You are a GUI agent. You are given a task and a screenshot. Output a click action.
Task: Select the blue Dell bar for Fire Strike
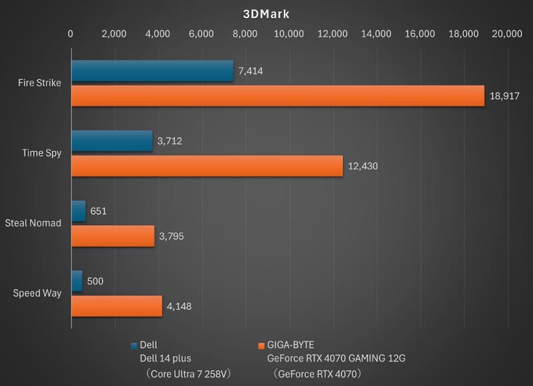point(152,71)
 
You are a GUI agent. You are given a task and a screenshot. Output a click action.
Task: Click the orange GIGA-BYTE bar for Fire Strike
point(277,96)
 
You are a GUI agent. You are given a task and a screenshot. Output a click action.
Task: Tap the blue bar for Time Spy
point(111,141)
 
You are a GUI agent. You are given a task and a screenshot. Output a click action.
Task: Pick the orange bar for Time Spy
point(207,166)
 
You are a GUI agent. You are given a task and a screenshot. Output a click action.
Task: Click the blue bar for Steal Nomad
point(78,211)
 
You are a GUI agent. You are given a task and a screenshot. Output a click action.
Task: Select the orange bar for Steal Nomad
point(113,236)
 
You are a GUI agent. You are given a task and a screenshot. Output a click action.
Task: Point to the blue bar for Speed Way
point(77,281)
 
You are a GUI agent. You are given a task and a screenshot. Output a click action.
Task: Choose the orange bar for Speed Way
point(117,305)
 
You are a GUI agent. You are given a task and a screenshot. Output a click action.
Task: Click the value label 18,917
point(504,96)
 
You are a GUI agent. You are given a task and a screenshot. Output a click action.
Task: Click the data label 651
point(98,211)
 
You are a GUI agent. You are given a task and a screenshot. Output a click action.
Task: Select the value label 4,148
point(180,305)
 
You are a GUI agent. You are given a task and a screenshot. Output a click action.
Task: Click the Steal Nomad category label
point(33,223)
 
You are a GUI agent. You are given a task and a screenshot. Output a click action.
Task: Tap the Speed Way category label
point(37,293)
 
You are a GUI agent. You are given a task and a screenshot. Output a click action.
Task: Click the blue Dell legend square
point(135,345)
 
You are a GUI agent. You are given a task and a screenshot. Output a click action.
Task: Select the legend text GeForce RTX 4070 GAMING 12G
point(336,358)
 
